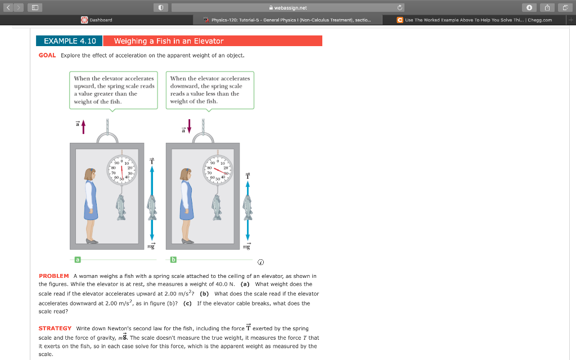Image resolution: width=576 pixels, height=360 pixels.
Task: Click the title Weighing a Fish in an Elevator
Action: point(169,41)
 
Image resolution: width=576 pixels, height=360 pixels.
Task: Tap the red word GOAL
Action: point(47,55)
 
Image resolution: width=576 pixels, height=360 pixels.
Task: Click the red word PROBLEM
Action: point(53,276)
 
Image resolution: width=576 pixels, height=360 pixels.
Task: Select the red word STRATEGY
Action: point(55,328)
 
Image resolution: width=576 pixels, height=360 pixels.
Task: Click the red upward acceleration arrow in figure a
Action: point(83,127)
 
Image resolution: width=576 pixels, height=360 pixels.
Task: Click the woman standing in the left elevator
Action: point(90,205)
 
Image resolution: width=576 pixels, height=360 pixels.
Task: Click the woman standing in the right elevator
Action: point(186,205)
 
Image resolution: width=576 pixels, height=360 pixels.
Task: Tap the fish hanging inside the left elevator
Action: point(121,208)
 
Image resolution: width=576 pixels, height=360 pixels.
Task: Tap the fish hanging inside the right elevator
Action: point(217,208)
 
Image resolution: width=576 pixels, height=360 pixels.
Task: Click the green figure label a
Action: point(78,259)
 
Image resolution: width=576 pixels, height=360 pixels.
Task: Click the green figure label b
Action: point(173,259)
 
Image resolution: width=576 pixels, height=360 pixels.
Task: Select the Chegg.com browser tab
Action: point(475,20)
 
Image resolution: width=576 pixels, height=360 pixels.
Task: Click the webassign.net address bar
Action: point(287,7)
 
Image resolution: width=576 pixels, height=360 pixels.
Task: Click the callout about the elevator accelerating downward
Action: point(210,89)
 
